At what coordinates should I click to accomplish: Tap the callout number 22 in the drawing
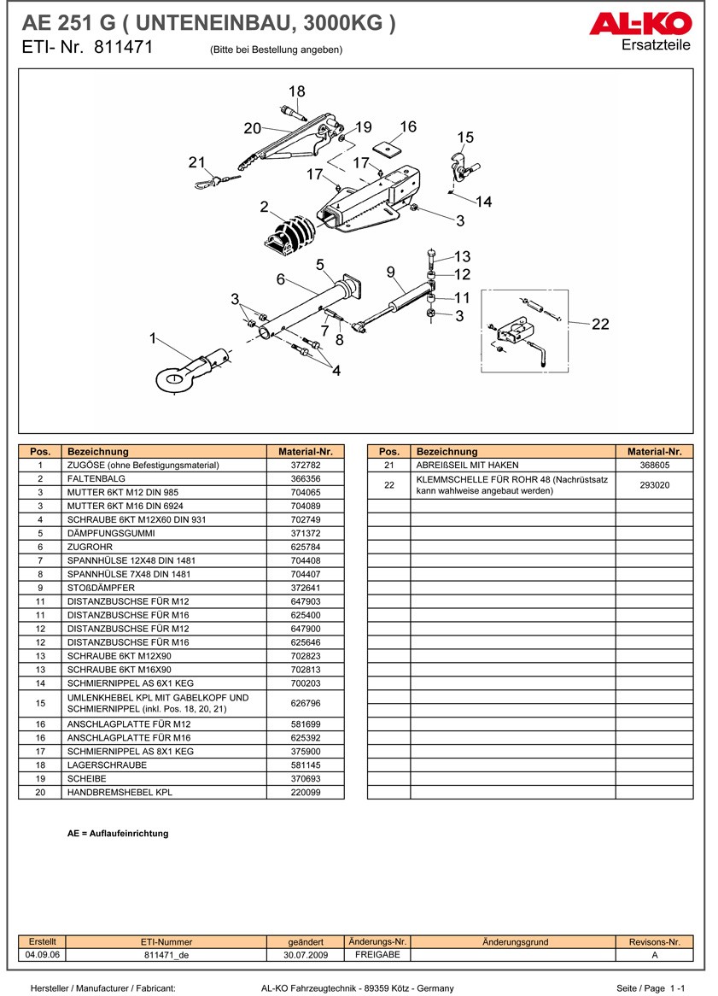point(600,324)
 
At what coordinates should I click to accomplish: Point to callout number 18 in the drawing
point(296,91)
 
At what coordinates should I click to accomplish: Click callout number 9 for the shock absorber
point(391,272)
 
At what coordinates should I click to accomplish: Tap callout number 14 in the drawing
point(484,202)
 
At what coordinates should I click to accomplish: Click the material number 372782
point(305,466)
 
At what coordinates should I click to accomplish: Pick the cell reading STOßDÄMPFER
point(101,588)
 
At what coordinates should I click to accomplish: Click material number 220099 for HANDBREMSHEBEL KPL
point(305,792)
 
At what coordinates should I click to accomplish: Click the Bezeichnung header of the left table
point(98,451)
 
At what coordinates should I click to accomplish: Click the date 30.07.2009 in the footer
point(305,956)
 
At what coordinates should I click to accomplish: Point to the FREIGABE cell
point(377,955)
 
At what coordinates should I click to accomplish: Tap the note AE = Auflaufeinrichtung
point(118,834)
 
